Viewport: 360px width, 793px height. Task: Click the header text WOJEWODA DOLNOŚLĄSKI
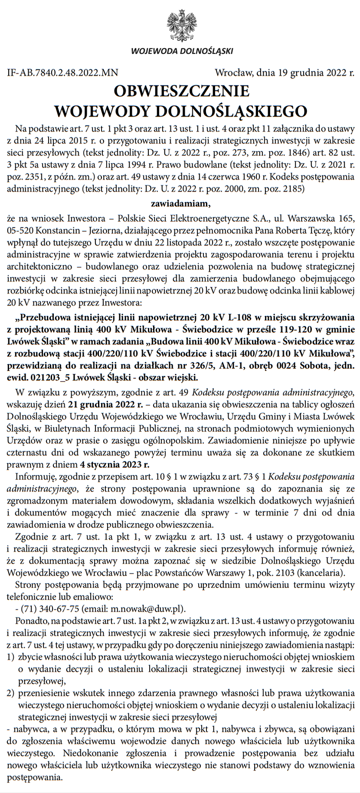tap(182, 51)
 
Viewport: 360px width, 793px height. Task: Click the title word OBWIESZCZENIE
tap(181, 91)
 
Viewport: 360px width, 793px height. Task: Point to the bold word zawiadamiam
tap(180, 203)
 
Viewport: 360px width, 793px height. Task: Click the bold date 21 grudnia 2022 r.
tap(106, 405)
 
